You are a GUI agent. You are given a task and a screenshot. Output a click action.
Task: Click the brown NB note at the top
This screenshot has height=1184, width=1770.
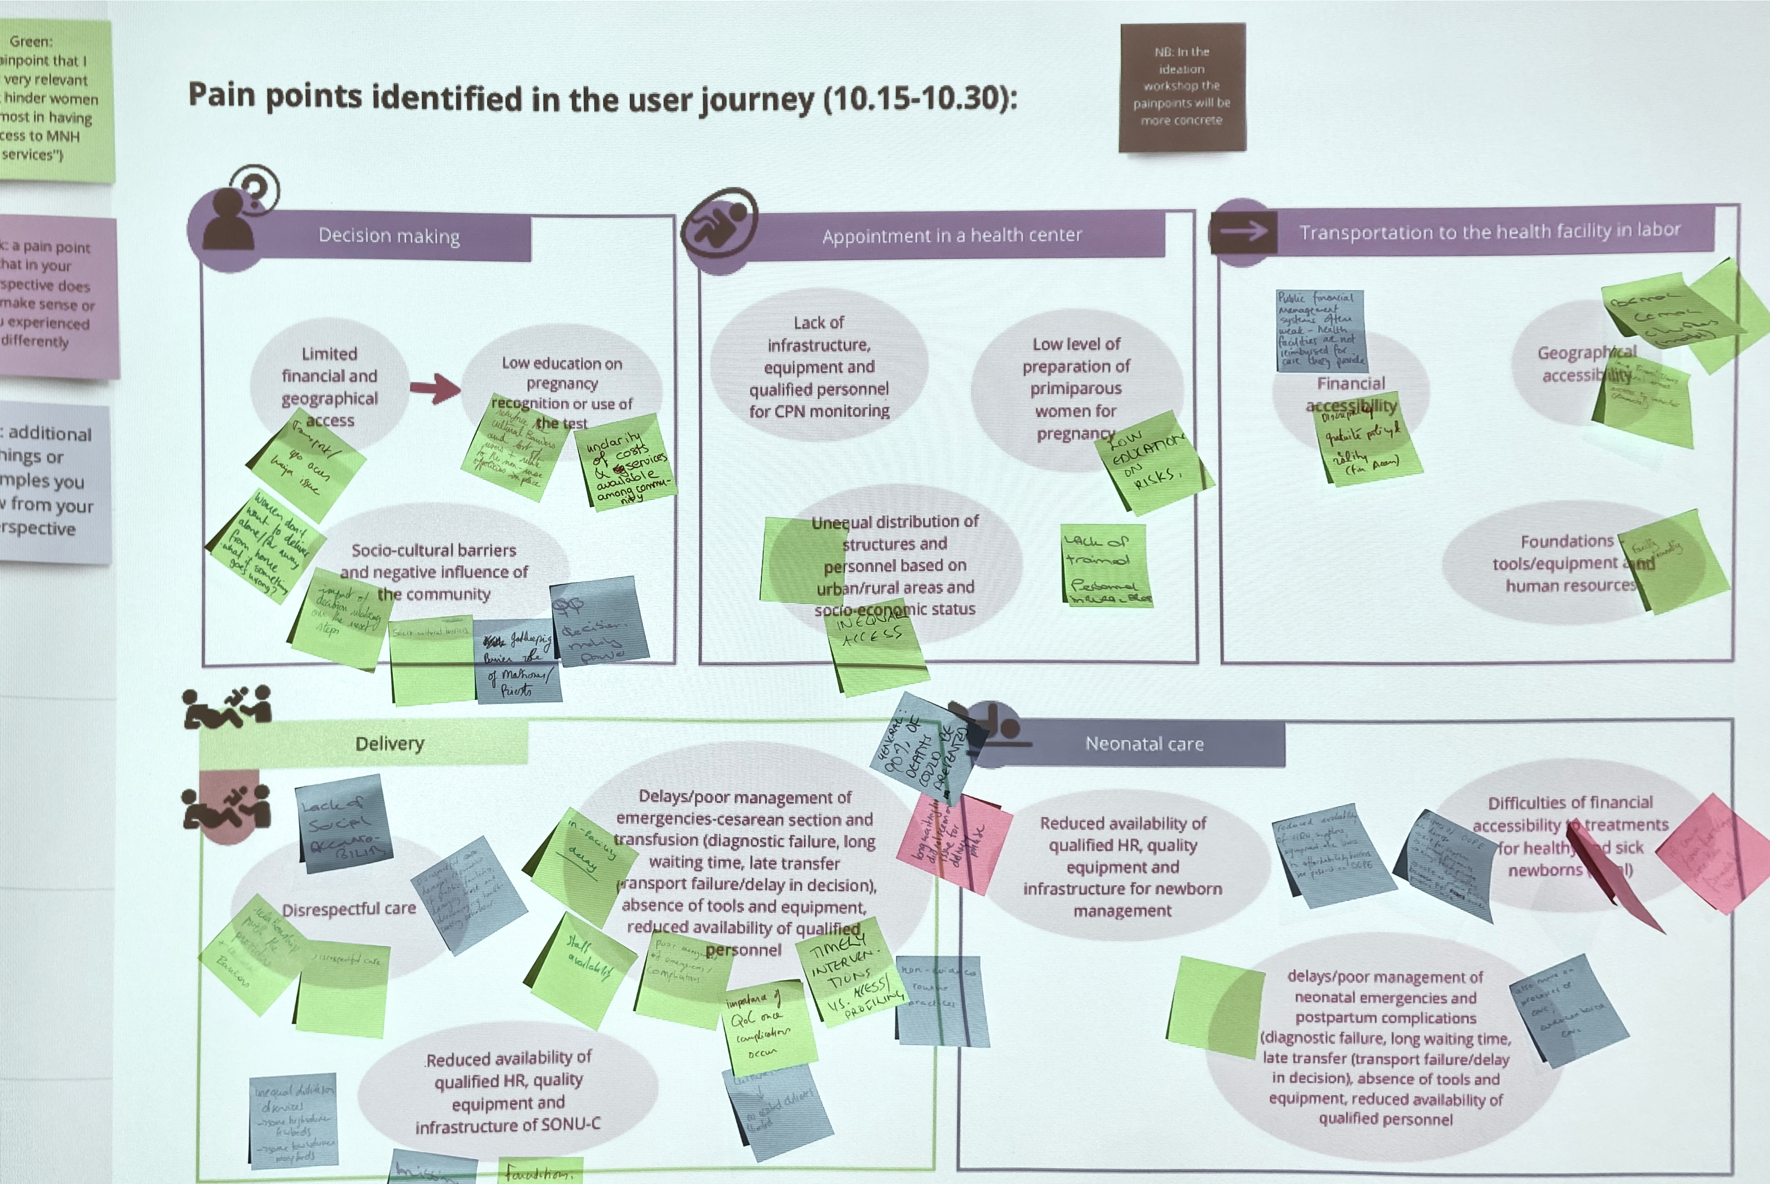(x=1182, y=87)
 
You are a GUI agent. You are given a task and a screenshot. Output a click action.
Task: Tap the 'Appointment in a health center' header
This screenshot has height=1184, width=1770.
(x=951, y=235)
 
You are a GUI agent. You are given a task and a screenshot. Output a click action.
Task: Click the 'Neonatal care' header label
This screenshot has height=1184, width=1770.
(x=1144, y=744)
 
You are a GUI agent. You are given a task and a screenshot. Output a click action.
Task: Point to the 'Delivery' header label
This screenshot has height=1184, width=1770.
(x=390, y=744)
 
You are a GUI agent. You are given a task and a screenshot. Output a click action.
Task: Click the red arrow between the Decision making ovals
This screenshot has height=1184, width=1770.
(x=435, y=388)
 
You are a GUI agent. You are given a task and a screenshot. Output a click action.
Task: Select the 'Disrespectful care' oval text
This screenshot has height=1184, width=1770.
(x=349, y=908)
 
